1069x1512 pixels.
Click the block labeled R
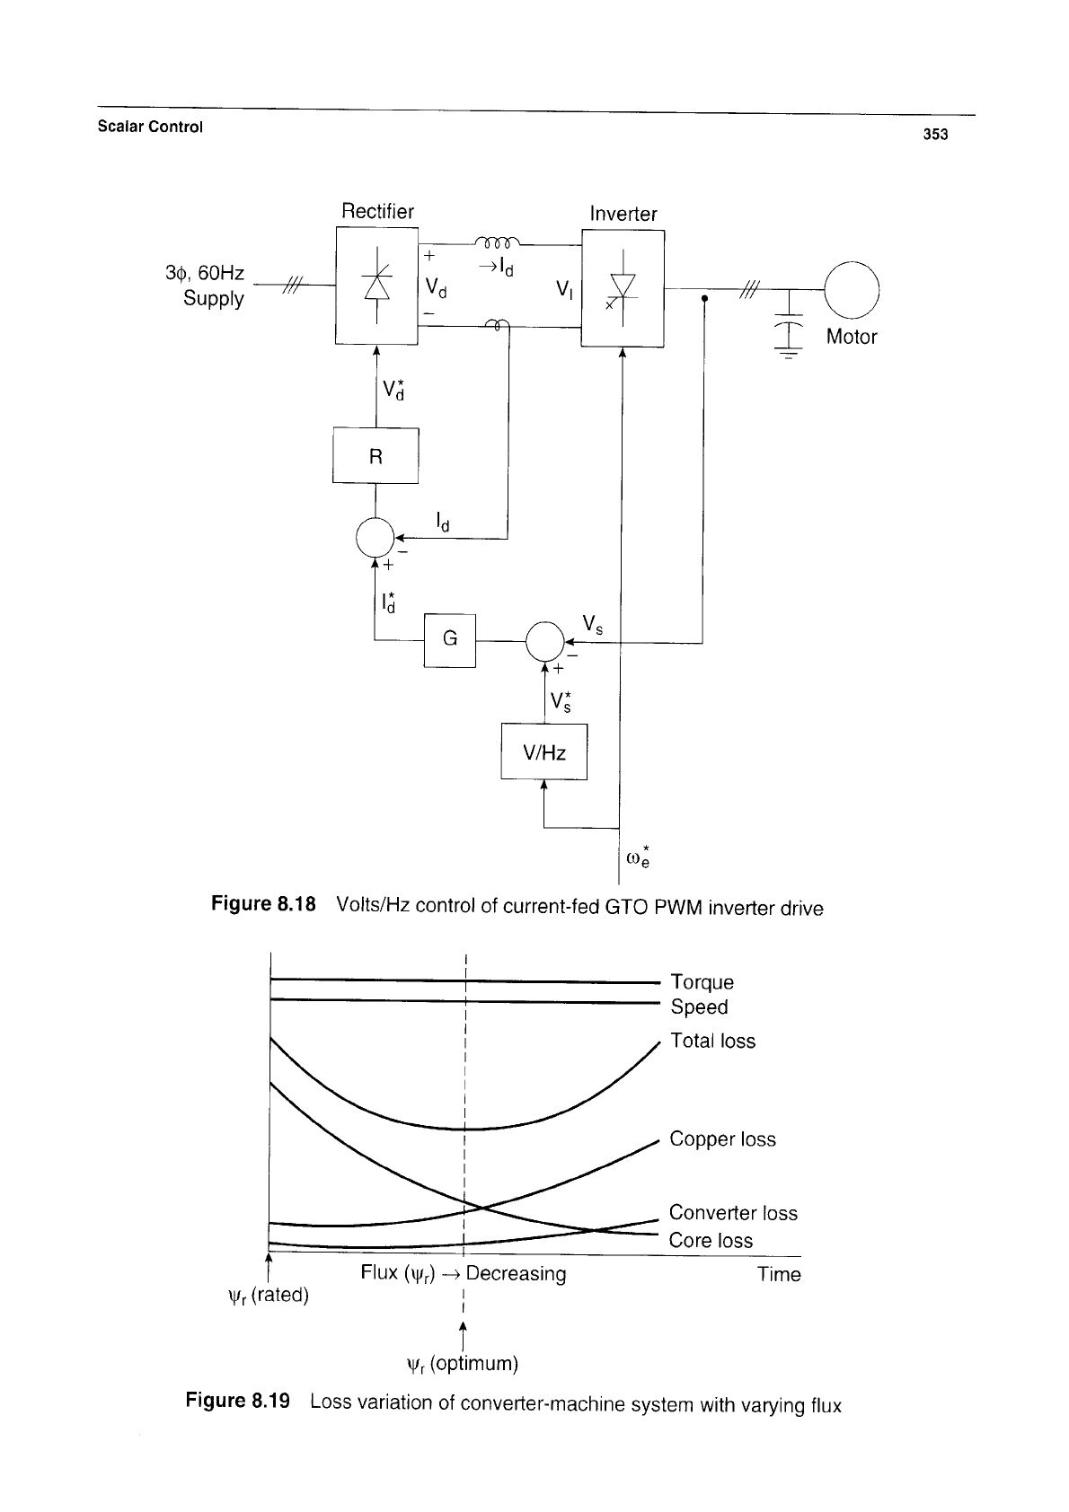[375, 455]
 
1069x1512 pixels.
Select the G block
[450, 640]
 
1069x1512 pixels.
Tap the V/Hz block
[544, 752]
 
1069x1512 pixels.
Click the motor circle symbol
[852, 290]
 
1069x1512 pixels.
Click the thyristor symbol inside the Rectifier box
[376, 286]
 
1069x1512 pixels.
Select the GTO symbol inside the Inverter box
[622, 288]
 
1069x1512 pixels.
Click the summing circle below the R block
[375, 537]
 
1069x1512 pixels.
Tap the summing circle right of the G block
[545, 641]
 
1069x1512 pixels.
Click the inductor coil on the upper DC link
[498, 242]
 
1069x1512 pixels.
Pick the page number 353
[935, 135]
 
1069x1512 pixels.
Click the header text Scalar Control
[150, 127]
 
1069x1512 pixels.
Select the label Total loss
[712, 1041]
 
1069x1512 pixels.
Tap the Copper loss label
[722, 1138]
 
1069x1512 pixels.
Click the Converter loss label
[733, 1212]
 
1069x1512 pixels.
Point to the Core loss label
[711, 1240]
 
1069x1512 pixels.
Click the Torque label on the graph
[702, 982]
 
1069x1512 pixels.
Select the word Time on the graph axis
[779, 1274]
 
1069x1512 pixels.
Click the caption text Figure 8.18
[263, 903]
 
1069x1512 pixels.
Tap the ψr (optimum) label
[463, 1364]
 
